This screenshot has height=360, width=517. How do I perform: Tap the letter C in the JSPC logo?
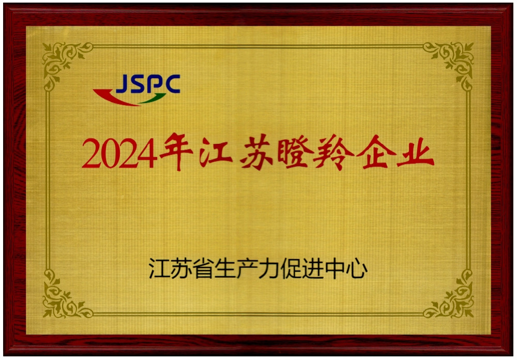click(x=172, y=83)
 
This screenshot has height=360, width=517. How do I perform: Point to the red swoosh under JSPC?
click(x=114, y=97)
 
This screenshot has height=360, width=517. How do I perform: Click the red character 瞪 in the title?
click(x=295, y=153)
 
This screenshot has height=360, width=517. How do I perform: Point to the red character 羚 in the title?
click(x=333, y=153)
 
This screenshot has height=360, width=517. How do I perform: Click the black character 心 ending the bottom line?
click(x=357, y=268)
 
